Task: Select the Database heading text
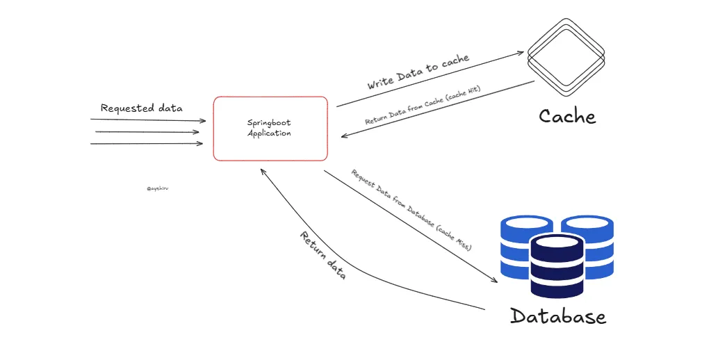(558, 316)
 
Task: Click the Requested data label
(141, 108)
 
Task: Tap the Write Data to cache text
(418, 72)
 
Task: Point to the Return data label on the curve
(323, 254)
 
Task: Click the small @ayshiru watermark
(158, 188)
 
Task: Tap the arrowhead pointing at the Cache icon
(520, 53)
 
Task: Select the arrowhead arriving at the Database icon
(494, 279)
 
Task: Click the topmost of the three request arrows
(148, 120)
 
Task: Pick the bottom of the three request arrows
(148, 144)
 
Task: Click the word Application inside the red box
(269, 133)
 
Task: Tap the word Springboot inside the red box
(269, 123)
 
